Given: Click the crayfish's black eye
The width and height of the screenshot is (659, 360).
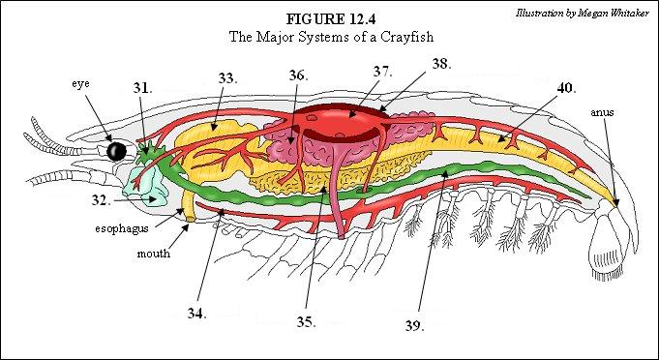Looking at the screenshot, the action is click(116, 151).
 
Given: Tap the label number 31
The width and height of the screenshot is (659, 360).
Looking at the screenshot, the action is click(142, 88).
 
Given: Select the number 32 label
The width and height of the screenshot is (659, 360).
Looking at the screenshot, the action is click(102, 200).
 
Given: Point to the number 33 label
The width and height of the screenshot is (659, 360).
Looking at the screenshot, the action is click(227, 78).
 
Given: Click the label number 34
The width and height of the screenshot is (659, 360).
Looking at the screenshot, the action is click(196, 314).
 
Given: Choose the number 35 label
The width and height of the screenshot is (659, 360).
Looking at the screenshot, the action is click(307, 322).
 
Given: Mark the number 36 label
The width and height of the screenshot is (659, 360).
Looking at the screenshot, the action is click(298, 75).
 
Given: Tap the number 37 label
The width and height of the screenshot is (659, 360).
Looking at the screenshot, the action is click(383, 72).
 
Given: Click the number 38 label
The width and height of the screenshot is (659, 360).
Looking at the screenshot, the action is click(441, 64).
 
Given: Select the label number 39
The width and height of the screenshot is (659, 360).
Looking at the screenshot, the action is click(415, 325).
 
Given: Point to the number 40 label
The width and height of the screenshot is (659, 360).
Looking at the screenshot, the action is click(566, 88).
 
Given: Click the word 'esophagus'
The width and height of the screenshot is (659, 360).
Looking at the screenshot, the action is click(122, 229).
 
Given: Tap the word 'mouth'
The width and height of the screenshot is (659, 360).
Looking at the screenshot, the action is click(154, 254).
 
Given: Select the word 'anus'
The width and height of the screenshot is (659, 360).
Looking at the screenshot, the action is click(602, 112).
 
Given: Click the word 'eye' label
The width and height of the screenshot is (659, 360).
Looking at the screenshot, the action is click(80, 84).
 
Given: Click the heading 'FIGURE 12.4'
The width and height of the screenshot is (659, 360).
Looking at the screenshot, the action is click(331, 19).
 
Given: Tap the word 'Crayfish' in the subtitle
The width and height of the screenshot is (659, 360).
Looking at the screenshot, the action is click(407, 37).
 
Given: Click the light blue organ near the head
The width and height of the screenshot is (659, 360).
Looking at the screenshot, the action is click(146, 186).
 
